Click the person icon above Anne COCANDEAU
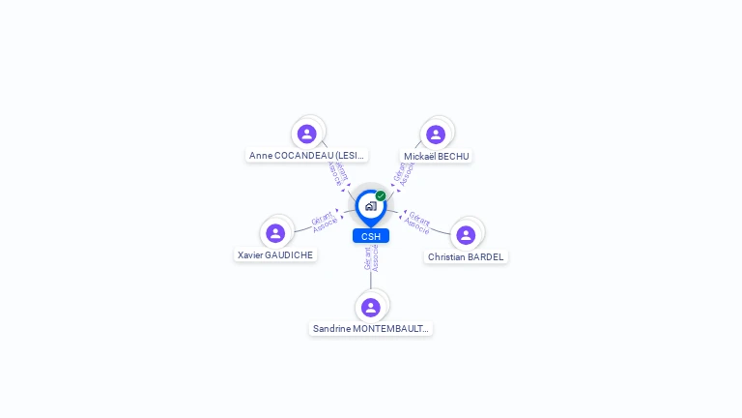[x=307, y=134]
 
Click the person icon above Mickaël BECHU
[x=436, y=134]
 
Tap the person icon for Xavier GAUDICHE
[x=275, y=233]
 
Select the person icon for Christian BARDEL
[x=466, y=235]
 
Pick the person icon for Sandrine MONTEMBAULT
[x=371, y=308]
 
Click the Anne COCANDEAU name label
[x=306, y=155]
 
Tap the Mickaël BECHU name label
[x=437, y=156]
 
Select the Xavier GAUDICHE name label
[x=275, y=254]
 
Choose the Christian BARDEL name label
[x=466, y=256]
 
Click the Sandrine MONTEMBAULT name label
[x=371, y=329]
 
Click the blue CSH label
[x=371, y=236]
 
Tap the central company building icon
[x=370, y=206]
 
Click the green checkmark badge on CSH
[x=381, y=195]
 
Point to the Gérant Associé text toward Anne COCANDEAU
[x=335, y=171]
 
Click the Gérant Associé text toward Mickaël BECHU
[x=404, y=172]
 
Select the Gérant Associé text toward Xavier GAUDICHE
[x=324, y=222]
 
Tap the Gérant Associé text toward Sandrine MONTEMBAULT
[x=371, y=257]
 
